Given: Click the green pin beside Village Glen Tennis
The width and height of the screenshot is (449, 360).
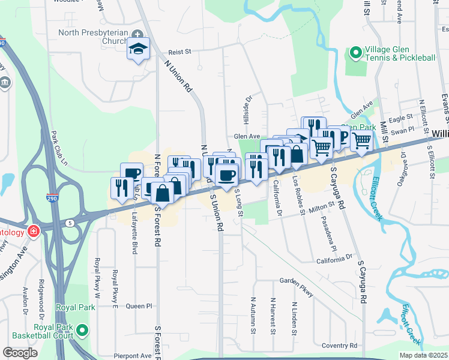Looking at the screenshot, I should coord(355,53).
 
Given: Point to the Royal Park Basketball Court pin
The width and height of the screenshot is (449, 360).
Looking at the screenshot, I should coord(83,329).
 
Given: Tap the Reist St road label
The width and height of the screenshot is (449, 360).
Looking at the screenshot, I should coord(179,52).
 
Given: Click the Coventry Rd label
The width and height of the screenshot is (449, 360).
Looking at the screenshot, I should coord(339,346).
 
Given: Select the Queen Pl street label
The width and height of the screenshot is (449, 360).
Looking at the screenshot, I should coord(139,306).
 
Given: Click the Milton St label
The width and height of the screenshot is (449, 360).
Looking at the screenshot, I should coord(322,206).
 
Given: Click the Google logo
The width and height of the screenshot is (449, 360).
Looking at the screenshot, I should coord(20,353).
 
